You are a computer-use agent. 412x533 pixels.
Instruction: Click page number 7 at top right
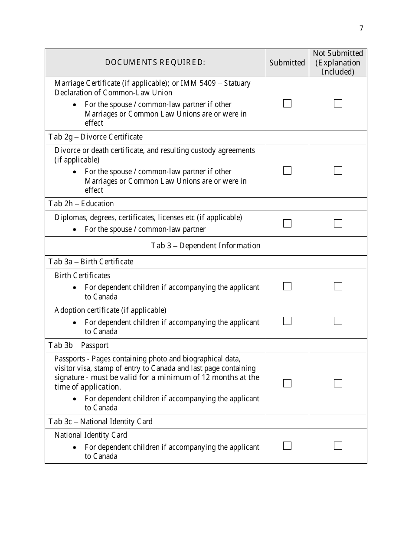pyautogui.click(x=361, y=29)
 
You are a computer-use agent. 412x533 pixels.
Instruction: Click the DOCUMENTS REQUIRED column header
pyautogui.click(x=155, y=62)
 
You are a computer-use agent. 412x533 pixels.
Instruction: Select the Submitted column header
pyautogui.click(x=287, y=63)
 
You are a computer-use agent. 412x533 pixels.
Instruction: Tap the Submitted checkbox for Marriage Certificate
pyautogui.click(x=287, y=104)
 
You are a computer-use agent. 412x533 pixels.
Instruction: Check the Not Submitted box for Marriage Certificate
pyautogui.click(x=338, y=104)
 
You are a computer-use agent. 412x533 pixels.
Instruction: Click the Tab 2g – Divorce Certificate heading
pyautogui.click(x=95, y=137)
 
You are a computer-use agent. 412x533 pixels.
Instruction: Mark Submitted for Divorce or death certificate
pyautogui.click(x=287, y=171)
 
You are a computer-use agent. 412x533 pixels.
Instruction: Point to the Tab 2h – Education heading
pyautogui.click(x=81, y=204)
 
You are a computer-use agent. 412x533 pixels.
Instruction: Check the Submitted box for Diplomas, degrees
pyautogui.click(x=287, y=224)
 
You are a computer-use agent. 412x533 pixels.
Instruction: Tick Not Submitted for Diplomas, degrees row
pyautogui.click(x=338, y=224)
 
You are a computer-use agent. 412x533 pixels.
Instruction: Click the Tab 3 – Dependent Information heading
pyautogui.click(x=206, y=246)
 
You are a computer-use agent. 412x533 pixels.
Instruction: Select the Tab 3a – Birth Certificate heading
pyautogui.click(x=91, y=262)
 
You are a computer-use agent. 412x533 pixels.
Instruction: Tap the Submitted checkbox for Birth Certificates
pyautogui.click(x=287, y=286)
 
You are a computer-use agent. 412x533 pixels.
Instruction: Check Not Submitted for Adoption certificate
pyautogui.click(x=338, y=321)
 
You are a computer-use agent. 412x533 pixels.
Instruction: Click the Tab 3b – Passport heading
pyautogui.click(x=78, y=345)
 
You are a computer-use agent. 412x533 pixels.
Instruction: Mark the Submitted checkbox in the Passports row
pyautogui.click(x=287, y=383)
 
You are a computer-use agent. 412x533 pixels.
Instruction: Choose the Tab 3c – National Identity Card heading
pyautogui.click(x=101, y=422)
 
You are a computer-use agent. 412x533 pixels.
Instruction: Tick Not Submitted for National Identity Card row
pyautogui.click(x=338, y=446)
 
